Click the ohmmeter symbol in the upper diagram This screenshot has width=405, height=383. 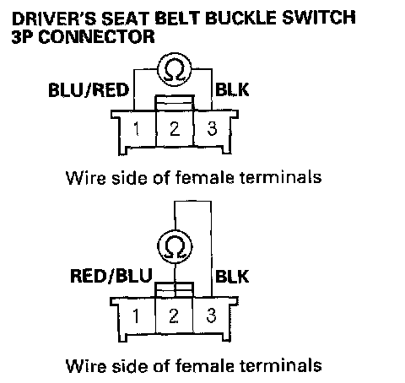click(x=174, y=69)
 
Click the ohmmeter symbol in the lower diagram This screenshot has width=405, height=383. click(x=175, y=246)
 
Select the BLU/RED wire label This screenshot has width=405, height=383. click(x=89, y=90)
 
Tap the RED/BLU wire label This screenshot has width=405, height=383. click(x=111, y=276)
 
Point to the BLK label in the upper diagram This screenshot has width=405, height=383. click(x=232, y=89)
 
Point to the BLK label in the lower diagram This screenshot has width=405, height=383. click(x=232, y=276)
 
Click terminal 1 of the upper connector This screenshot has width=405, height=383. click(x=137, y=129)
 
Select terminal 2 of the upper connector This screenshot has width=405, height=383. click(x=175, y=129)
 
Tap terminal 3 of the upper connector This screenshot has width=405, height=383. click(x=212, y=129)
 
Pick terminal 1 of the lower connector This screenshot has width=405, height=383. click(x=136, y=316)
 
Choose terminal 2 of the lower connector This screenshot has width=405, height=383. click(x=174, y=316)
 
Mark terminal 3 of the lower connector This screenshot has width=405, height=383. click(x=212, y=316)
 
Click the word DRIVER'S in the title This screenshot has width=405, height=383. click(x=54, y=19)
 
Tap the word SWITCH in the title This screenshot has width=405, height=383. click(x=319, y=18)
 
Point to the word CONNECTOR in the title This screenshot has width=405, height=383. click(x=96, y=36)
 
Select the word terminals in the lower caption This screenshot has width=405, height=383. click(x=281, y=365)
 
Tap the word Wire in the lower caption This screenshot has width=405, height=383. click(x=86, y=365)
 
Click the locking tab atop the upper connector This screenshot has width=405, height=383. click(x=175, y=103)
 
